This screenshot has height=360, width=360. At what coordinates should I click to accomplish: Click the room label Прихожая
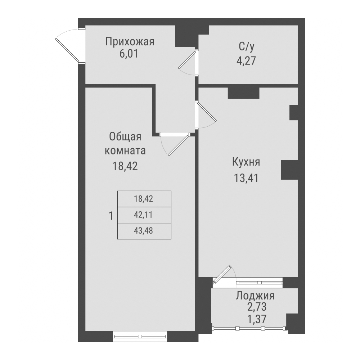point(130,42)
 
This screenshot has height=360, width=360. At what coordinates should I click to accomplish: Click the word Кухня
point(246,162)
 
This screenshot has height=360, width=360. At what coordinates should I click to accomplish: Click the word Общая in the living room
point(125,137)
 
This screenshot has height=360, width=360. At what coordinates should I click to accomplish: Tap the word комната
point(125,150)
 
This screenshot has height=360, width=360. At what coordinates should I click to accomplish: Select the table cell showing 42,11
point(144,215)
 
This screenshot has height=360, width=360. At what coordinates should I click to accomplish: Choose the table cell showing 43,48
point(144,231)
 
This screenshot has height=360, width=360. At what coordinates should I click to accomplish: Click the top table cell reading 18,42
point(144,199)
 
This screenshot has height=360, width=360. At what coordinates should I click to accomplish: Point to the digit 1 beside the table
point(111,216)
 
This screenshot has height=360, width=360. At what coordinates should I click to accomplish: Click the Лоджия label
point(255,296)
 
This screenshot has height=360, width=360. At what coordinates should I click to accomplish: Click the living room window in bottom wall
point(140,336)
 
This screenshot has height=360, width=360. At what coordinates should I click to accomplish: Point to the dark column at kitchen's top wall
point(243,93)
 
